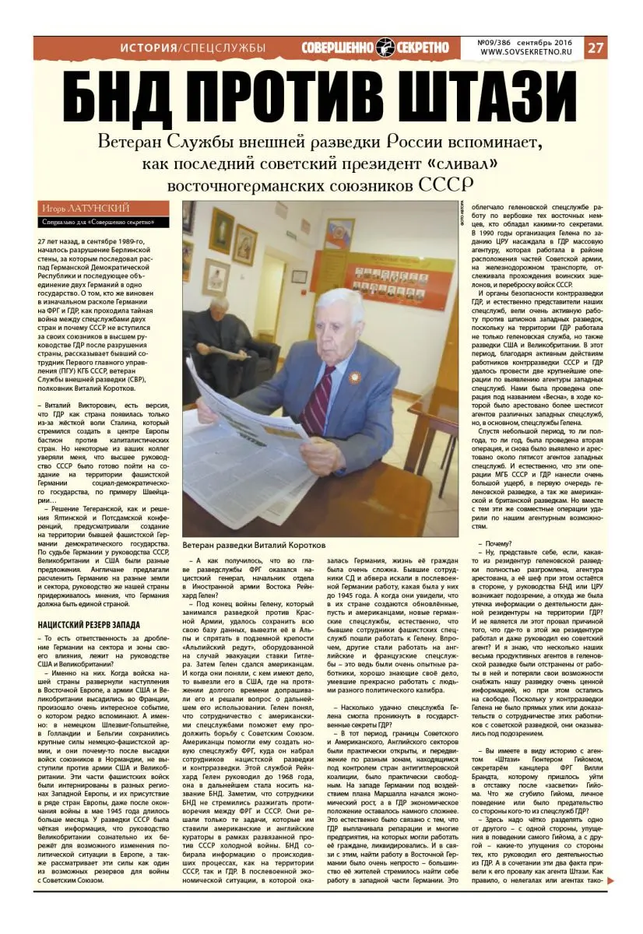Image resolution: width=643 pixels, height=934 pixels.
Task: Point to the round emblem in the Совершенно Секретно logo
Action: [385, 48]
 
